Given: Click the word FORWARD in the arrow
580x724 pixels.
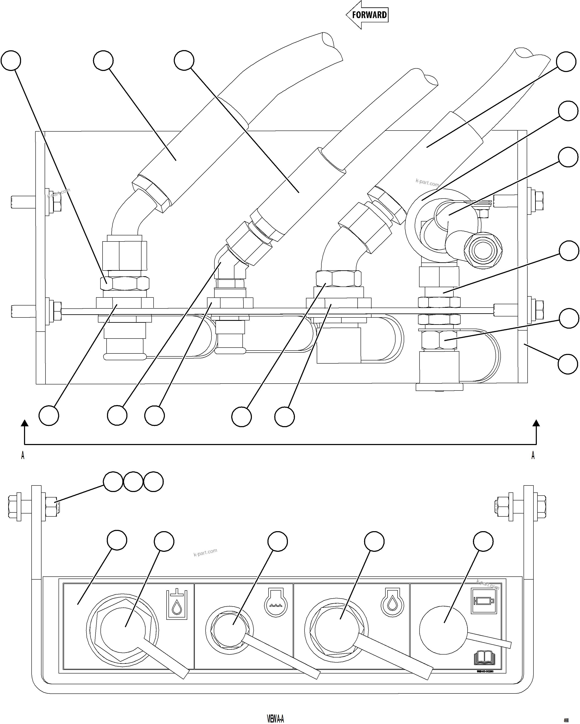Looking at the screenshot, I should tap(369, 15).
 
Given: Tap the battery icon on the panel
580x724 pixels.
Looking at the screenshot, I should tap(484, 601).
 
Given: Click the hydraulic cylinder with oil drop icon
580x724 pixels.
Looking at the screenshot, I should tap(177, 604).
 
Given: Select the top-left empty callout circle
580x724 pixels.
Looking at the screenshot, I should tap(11, 61).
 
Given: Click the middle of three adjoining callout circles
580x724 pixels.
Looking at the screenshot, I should tap(133, 482).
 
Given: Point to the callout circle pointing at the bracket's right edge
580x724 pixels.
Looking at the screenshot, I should tap(568, 364).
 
